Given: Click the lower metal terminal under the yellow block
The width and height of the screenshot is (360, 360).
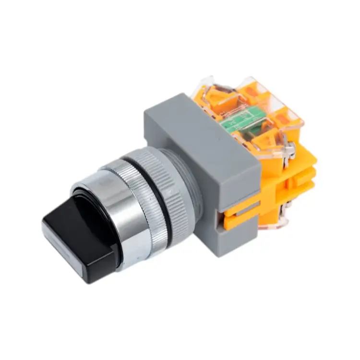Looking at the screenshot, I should pos(283,216).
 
